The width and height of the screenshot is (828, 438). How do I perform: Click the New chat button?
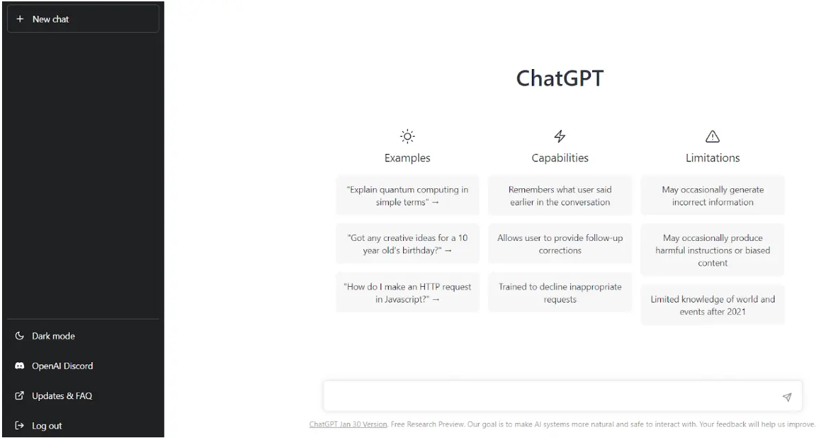tap(83, 18)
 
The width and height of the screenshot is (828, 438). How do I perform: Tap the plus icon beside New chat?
tap(20, 18)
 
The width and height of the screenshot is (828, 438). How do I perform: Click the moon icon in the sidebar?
tap(19, 335)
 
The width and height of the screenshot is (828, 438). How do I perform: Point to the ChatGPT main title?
tap(559, 78)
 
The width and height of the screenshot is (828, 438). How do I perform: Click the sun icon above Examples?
tap(407, 136)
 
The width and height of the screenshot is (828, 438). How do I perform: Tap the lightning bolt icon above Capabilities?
tap(559, 136)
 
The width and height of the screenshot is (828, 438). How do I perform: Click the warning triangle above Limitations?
tap(712, 136)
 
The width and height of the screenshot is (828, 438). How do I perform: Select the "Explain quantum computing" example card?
tap(407, 196)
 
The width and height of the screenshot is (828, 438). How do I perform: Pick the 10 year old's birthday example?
tap(407, 244)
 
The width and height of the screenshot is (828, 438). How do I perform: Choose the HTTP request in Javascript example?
tap(407, 293)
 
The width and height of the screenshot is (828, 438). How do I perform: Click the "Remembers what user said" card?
tap(559, 196)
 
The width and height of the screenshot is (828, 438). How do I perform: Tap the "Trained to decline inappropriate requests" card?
tap(559, 293)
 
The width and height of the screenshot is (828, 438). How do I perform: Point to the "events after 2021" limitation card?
tap(712, 305)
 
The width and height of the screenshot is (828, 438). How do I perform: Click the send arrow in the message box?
tap(787, 397)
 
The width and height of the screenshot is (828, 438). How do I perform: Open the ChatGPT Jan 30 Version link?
tap(348, 424)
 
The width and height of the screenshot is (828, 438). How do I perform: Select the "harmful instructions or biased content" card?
tap(712, 250)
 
